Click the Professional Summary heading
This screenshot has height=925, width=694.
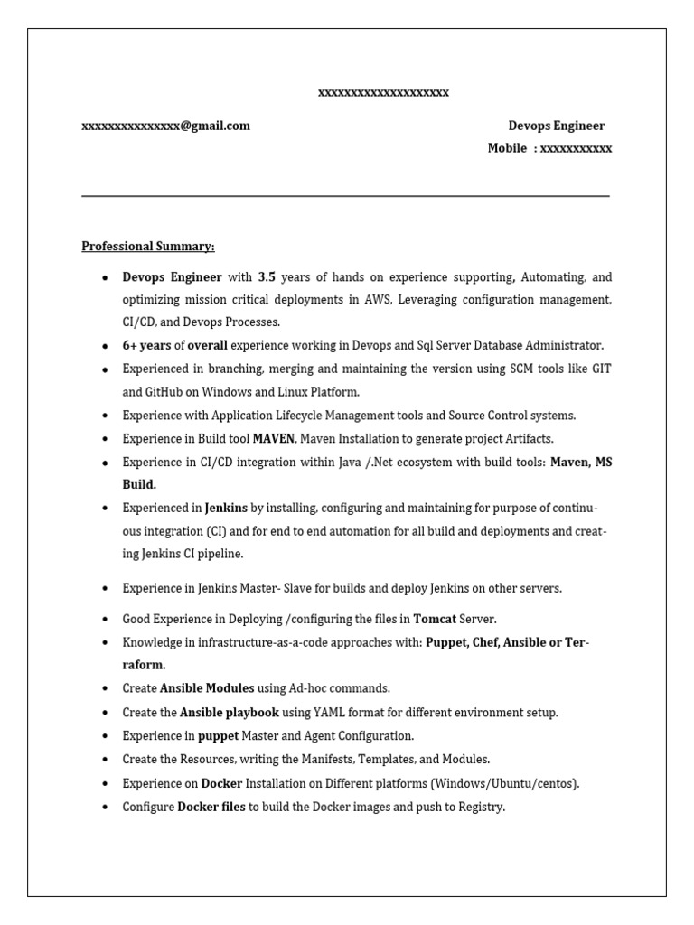pos(148,246)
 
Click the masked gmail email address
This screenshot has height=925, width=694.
pos(165,126)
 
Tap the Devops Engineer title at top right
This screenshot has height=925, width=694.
pos(556,126)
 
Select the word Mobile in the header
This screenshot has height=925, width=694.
pos(507,148)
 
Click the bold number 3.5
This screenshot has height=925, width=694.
pos(267,276)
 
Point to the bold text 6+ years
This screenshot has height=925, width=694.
pos(146,345)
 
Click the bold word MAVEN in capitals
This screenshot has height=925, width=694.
pos(274,438)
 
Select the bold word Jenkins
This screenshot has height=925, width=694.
pos(226,508)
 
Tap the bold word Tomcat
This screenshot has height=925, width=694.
pos(435,619)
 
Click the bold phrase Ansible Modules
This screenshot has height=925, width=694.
pos(207,687)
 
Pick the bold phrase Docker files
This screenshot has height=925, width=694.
pos(211,807)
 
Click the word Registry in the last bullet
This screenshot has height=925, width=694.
pos(480,807)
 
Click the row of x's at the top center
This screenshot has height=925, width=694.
pos(383,92)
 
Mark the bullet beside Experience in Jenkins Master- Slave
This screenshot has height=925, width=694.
pos(106,589)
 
